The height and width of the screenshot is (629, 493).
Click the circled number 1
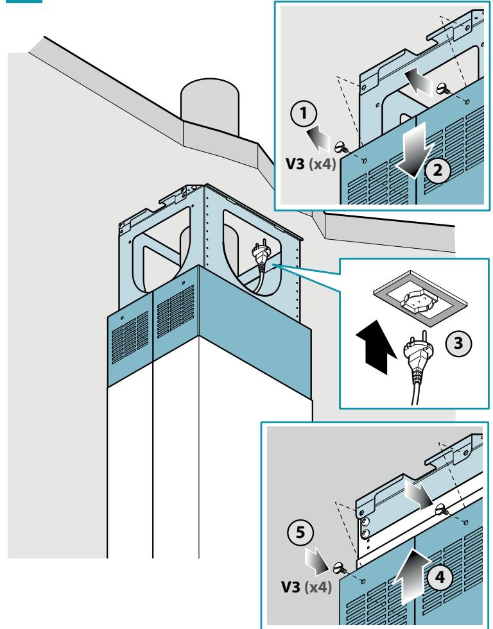[304, 113]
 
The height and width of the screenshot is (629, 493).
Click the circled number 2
[438, 170]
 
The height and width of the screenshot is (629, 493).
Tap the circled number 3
[458, 343]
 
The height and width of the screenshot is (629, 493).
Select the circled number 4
[440, 578]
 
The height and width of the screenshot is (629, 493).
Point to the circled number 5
[300, 533]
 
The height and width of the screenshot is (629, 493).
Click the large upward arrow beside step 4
[411, 576]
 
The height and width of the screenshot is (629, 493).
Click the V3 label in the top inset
[295, 164]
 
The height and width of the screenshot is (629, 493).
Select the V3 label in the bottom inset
[291, 587]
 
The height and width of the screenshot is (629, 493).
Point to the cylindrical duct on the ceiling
[209, 105]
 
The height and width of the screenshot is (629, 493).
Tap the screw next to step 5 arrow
[340, 568]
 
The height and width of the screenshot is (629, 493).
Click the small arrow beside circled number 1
[318, 138]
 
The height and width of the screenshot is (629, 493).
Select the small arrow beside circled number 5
[316, 561]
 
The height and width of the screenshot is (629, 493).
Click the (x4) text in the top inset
[322, 164]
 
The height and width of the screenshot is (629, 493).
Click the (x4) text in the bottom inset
[318, 587]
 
